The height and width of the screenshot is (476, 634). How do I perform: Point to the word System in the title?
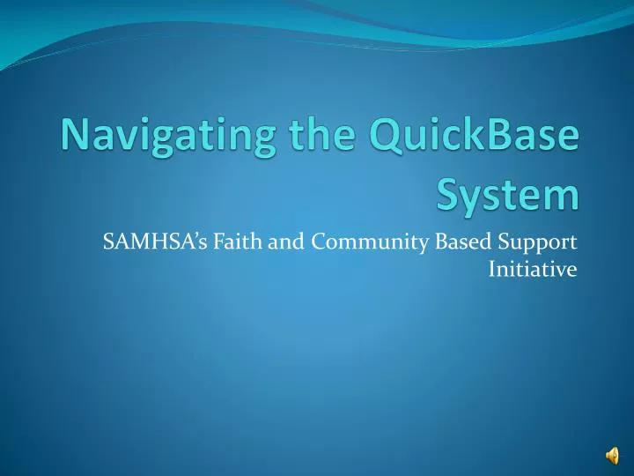coord(508,195)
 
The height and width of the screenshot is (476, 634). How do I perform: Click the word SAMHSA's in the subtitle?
coord(139,241)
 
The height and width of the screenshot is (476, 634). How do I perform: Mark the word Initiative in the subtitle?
coord(532,269)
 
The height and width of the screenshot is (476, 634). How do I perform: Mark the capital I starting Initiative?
coord(491,269)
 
